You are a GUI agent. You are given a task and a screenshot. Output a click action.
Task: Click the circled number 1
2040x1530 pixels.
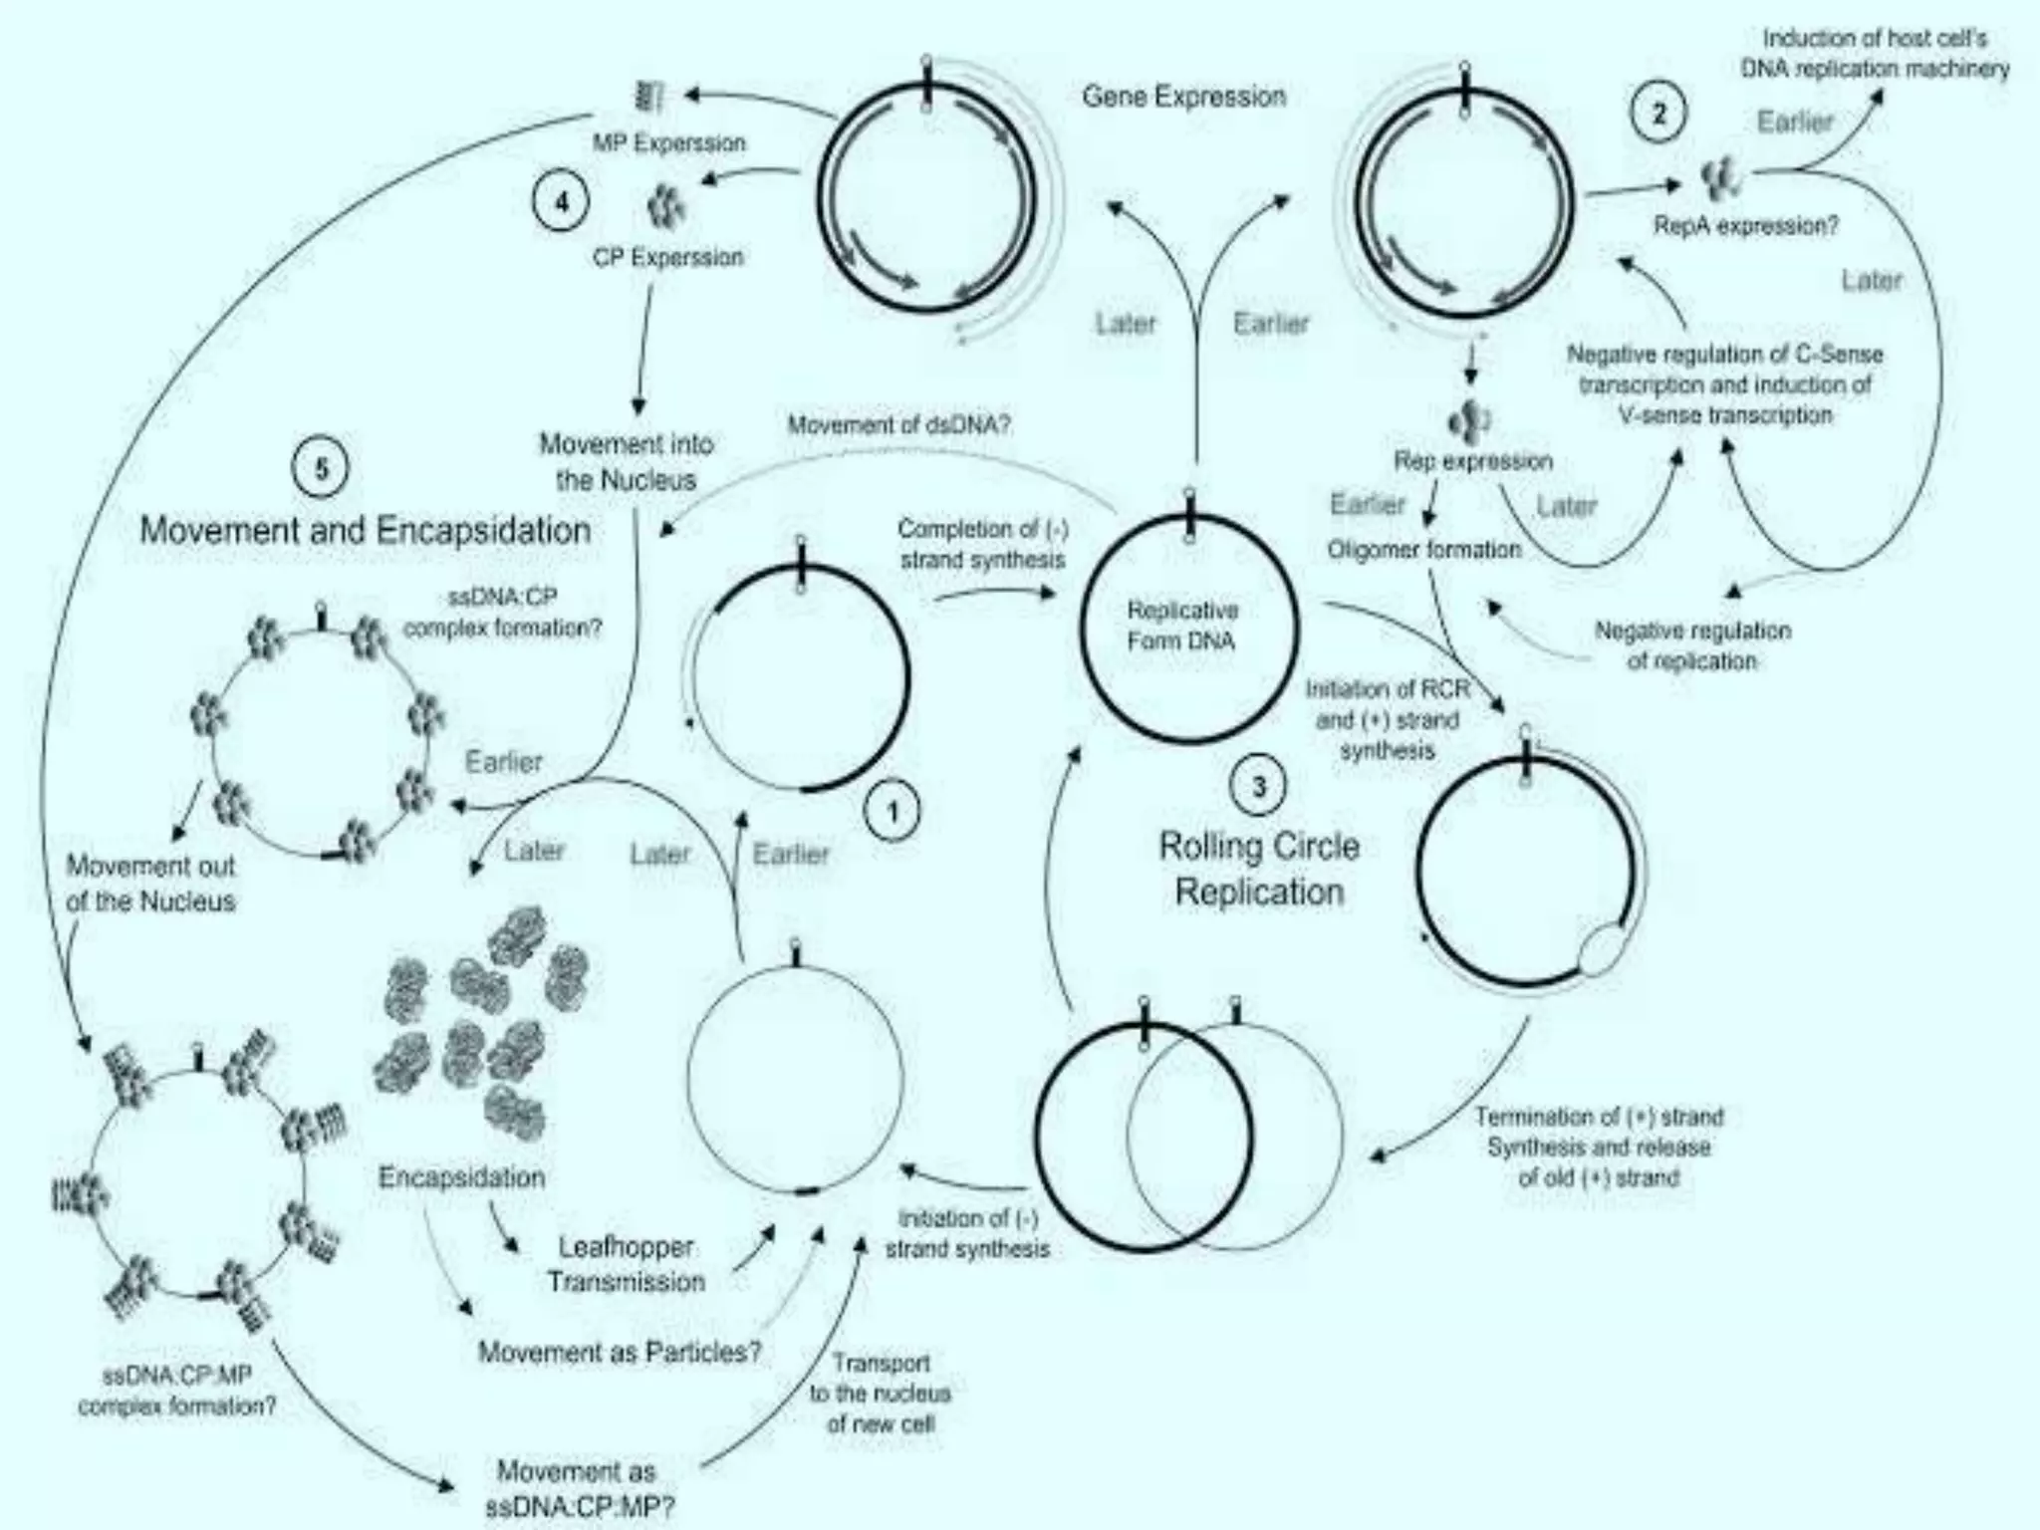click(892, 813)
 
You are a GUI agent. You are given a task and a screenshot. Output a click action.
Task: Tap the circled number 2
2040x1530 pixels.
click(1658, 114)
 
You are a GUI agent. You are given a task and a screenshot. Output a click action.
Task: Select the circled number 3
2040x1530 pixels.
click(1259, 787)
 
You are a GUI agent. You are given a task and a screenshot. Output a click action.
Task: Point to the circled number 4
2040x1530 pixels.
click(562, 202)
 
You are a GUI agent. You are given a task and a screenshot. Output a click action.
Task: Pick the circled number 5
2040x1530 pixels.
click(322, 469)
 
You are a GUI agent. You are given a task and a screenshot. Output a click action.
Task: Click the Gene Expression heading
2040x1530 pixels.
click(1183, 97)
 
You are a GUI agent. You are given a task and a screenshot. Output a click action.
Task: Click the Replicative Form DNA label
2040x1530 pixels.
click(1182, 626)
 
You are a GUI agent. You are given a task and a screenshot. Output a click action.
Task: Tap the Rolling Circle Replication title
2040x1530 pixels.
click(1259, 869)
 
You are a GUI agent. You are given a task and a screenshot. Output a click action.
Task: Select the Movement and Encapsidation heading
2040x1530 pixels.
click(366, 530)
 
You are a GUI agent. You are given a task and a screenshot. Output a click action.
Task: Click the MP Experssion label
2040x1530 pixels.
click(668, 143)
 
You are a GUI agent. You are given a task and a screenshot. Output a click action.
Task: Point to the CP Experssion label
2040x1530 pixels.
click(668, 257)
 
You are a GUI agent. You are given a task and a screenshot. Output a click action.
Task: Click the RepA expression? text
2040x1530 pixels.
click(1745, 226)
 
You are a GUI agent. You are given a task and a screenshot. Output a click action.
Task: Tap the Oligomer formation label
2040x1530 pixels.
click(1423, 550)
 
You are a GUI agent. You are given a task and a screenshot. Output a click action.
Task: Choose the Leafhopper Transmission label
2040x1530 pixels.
click(626, 1264)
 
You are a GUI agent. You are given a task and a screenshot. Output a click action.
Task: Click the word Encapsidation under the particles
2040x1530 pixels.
click(461, 1177)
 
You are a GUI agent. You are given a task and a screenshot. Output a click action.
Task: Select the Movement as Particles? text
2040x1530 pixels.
click(620, 1352)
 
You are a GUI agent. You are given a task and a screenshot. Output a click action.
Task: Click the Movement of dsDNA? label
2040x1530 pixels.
click(898, 425)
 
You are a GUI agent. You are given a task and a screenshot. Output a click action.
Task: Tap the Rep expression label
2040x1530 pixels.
click(1472, 461)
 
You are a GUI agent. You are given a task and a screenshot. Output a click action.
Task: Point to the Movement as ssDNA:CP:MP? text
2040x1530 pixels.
click(578, 1488)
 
